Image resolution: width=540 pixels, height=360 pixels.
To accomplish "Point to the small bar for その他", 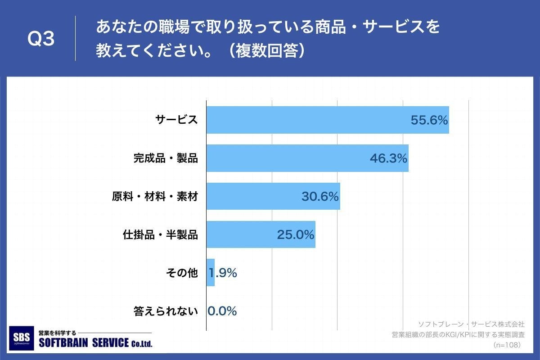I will [210, 273].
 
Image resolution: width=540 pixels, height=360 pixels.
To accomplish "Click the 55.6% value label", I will [429, 120].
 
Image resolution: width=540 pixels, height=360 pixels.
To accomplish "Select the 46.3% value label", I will [388, 158].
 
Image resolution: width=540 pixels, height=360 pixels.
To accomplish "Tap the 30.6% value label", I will [320, 197].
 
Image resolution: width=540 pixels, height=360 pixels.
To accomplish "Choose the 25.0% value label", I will [295, 235].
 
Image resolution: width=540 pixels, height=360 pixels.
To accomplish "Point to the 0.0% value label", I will [222, 311].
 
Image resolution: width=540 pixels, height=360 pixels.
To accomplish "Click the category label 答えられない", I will [166, 311].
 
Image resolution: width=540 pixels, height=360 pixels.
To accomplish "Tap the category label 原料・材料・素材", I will [155, 197].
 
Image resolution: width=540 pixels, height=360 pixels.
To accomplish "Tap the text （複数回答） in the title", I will [266, 51].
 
